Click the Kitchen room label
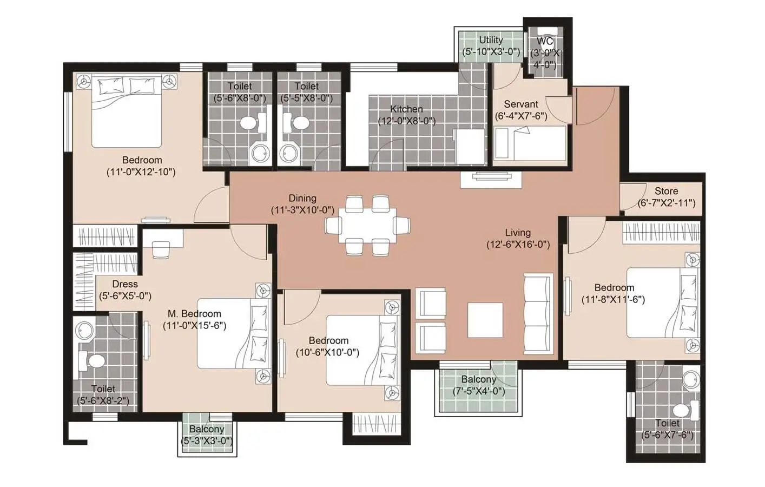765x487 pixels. (406, 109)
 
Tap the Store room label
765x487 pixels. (666, 191)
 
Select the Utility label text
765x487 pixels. (491, 40)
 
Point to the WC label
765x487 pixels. (545, 42)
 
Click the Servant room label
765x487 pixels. (520, 104)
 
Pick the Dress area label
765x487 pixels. (125, 284)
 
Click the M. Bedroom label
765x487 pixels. (194, 314)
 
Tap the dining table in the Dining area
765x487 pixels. (367, 225)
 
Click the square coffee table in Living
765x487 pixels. (485, 320)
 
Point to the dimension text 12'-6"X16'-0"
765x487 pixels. (518, 245)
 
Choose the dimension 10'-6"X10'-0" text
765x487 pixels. (328, 352)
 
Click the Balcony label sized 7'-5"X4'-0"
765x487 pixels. (479, 380)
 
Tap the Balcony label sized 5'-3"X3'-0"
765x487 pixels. (207, 429)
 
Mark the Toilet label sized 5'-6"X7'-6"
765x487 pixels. (667, 423)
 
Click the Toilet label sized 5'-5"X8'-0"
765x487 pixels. (306, 87)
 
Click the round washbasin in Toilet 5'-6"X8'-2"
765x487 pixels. (85, 330)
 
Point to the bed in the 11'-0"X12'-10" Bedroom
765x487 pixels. (127, 111)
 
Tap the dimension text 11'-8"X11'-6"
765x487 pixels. (613, 300)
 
